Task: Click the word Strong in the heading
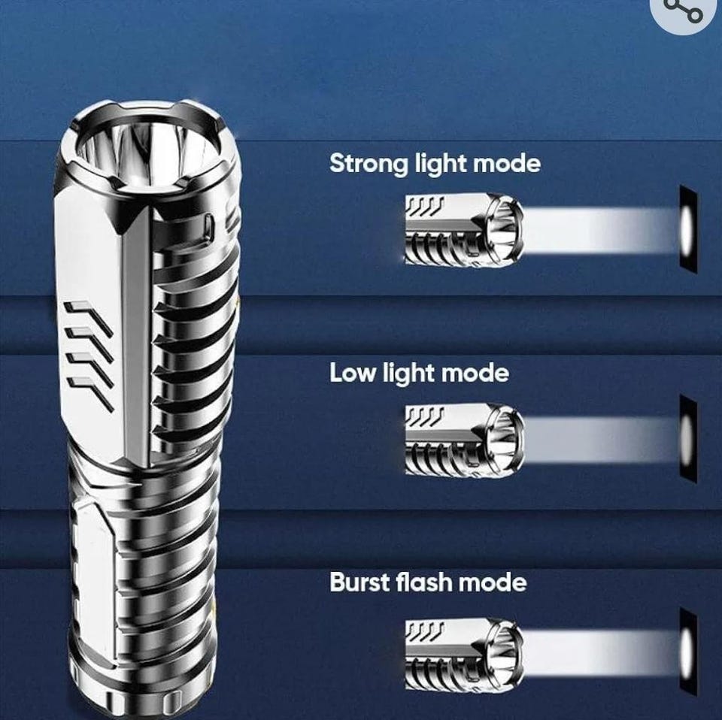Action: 369,165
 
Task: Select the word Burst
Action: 360,582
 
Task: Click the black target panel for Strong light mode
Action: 688,229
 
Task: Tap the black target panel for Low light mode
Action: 688,438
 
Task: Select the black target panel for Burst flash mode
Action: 688,653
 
